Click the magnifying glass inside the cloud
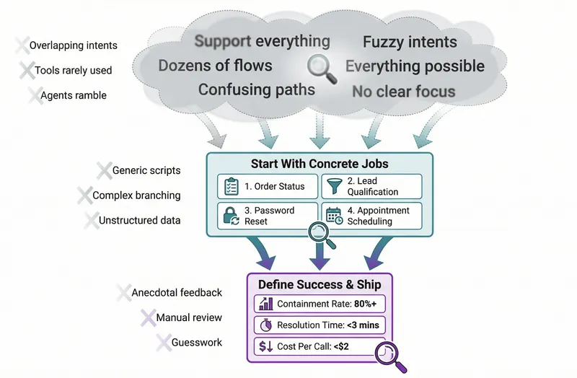[x=320, y=67]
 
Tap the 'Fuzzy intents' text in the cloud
[x=410, y=43]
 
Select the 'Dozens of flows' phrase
[x=215, y=66]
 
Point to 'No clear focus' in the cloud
[x=403, y=92]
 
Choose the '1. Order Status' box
[x=267, y=186]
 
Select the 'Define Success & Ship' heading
[x=320, y=284]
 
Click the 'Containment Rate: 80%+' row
[x=320, y=304]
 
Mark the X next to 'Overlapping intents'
[x=23, y=45]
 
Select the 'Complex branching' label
[x=136, y=195]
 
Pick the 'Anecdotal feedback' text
[x=177, y=293]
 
